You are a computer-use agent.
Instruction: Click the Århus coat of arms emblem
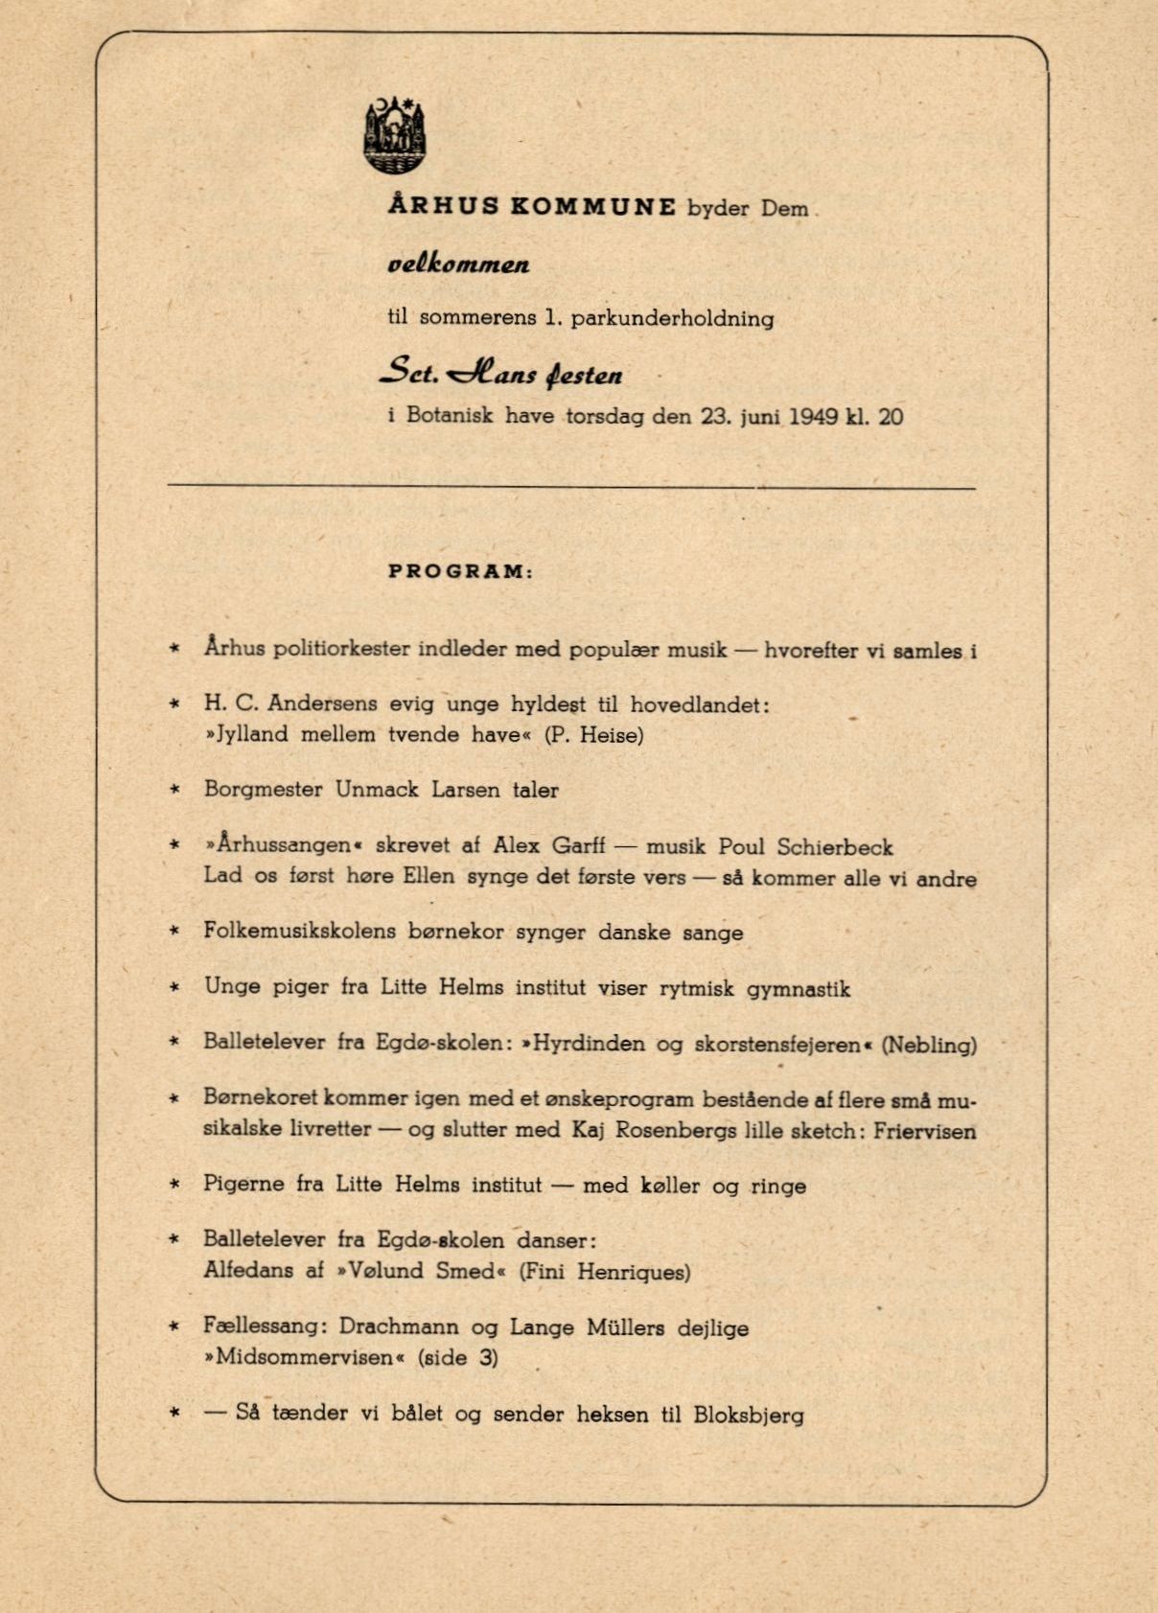click(395, 136)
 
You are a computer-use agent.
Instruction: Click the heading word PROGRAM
click(457, 571)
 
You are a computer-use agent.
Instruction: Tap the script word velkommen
click(458, 264)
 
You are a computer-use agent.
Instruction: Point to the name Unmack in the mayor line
click(377, 790)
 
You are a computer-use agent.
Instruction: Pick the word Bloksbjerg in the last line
click(749, 1415)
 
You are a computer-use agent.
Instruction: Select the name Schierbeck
click(835, 847)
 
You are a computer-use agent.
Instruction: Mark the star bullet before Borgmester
click(174, 790)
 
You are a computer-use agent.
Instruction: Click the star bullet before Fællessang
click(174, 1327)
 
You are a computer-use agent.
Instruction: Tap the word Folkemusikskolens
click(299, 932)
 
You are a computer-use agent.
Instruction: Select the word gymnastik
click(799, 989)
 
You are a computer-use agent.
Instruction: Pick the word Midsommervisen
click(304, 1357)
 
